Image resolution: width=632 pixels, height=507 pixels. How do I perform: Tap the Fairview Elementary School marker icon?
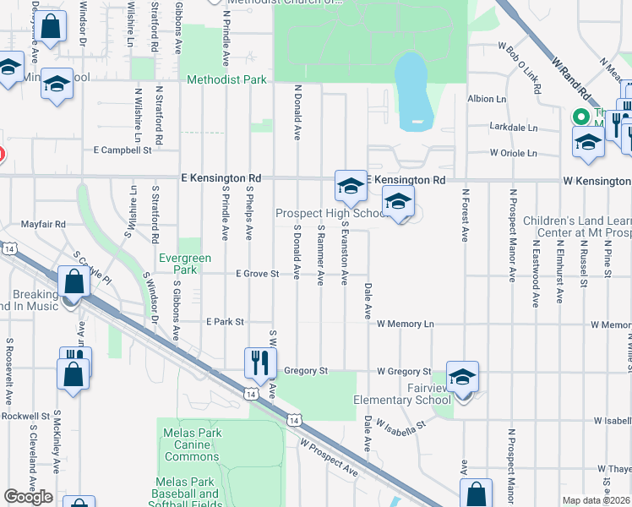coord(462,376)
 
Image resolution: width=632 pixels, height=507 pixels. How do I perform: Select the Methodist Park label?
coord(226,80)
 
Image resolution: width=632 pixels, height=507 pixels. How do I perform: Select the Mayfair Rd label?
coord(43,225)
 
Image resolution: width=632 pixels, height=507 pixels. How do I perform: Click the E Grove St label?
coord(257,273)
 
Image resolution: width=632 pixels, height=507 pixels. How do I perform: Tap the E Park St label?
coord(225,322)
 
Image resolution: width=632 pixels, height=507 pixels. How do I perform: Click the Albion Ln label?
coord(488,99)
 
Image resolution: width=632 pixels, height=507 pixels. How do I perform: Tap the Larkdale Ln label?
coord(514,128)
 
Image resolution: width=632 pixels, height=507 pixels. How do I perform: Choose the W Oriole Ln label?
coord(513,153)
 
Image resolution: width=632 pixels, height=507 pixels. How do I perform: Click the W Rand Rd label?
coord(572,77)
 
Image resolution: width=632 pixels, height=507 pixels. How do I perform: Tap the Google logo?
coord(29,497)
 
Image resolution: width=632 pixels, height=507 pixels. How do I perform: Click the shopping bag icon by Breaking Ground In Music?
coord(74,281)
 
